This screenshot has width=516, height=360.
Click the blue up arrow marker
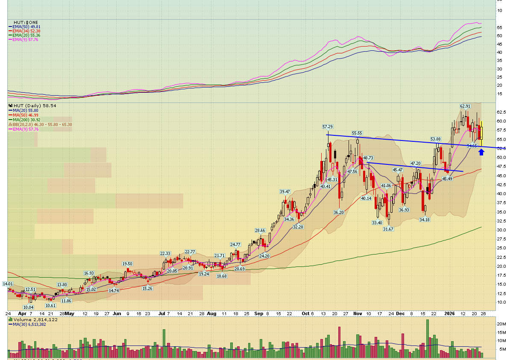point(481,152)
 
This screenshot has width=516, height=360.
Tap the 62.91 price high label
point(465,106)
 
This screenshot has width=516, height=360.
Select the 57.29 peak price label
point(327,127)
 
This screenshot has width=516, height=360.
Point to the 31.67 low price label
point(388,229)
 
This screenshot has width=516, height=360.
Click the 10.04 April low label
point(28,307)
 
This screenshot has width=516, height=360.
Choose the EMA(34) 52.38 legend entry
point(26,31)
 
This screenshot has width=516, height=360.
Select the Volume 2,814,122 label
point(35,319)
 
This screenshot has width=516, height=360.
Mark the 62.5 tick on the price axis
point(501,112)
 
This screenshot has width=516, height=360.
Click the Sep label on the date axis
point(259,313)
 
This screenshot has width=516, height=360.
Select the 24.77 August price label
point(235,245)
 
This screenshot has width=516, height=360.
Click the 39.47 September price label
point(285,191)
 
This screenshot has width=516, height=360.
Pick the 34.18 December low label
point(424,220)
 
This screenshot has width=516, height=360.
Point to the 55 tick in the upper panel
point(499,27)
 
